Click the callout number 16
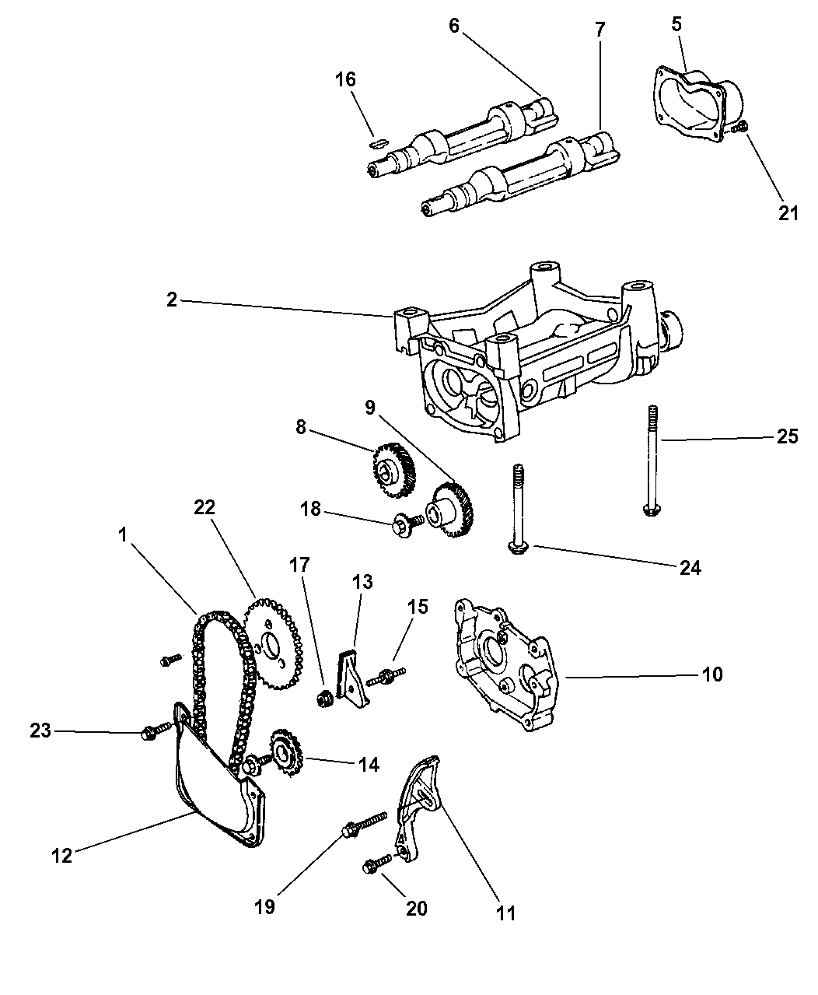coord(345,79)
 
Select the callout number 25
coord(787,436)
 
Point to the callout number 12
coord(61,855)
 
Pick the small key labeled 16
coord(378,142)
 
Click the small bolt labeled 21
coord(742,128)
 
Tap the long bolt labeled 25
coord(651,459)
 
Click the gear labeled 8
coord(394,468)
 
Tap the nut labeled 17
coord(327,699)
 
